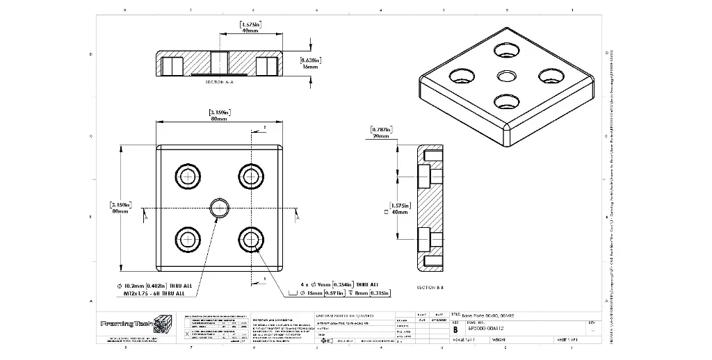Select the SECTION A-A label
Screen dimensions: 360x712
pyautogui.click(x=220, y=82)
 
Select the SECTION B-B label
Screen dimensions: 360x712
pyautogui.click(x=431, y=287)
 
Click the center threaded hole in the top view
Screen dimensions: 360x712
pyautogui.click(x=220, y=207)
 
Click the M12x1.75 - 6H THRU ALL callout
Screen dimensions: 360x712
pyautogui.click(x=154, y=293)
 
